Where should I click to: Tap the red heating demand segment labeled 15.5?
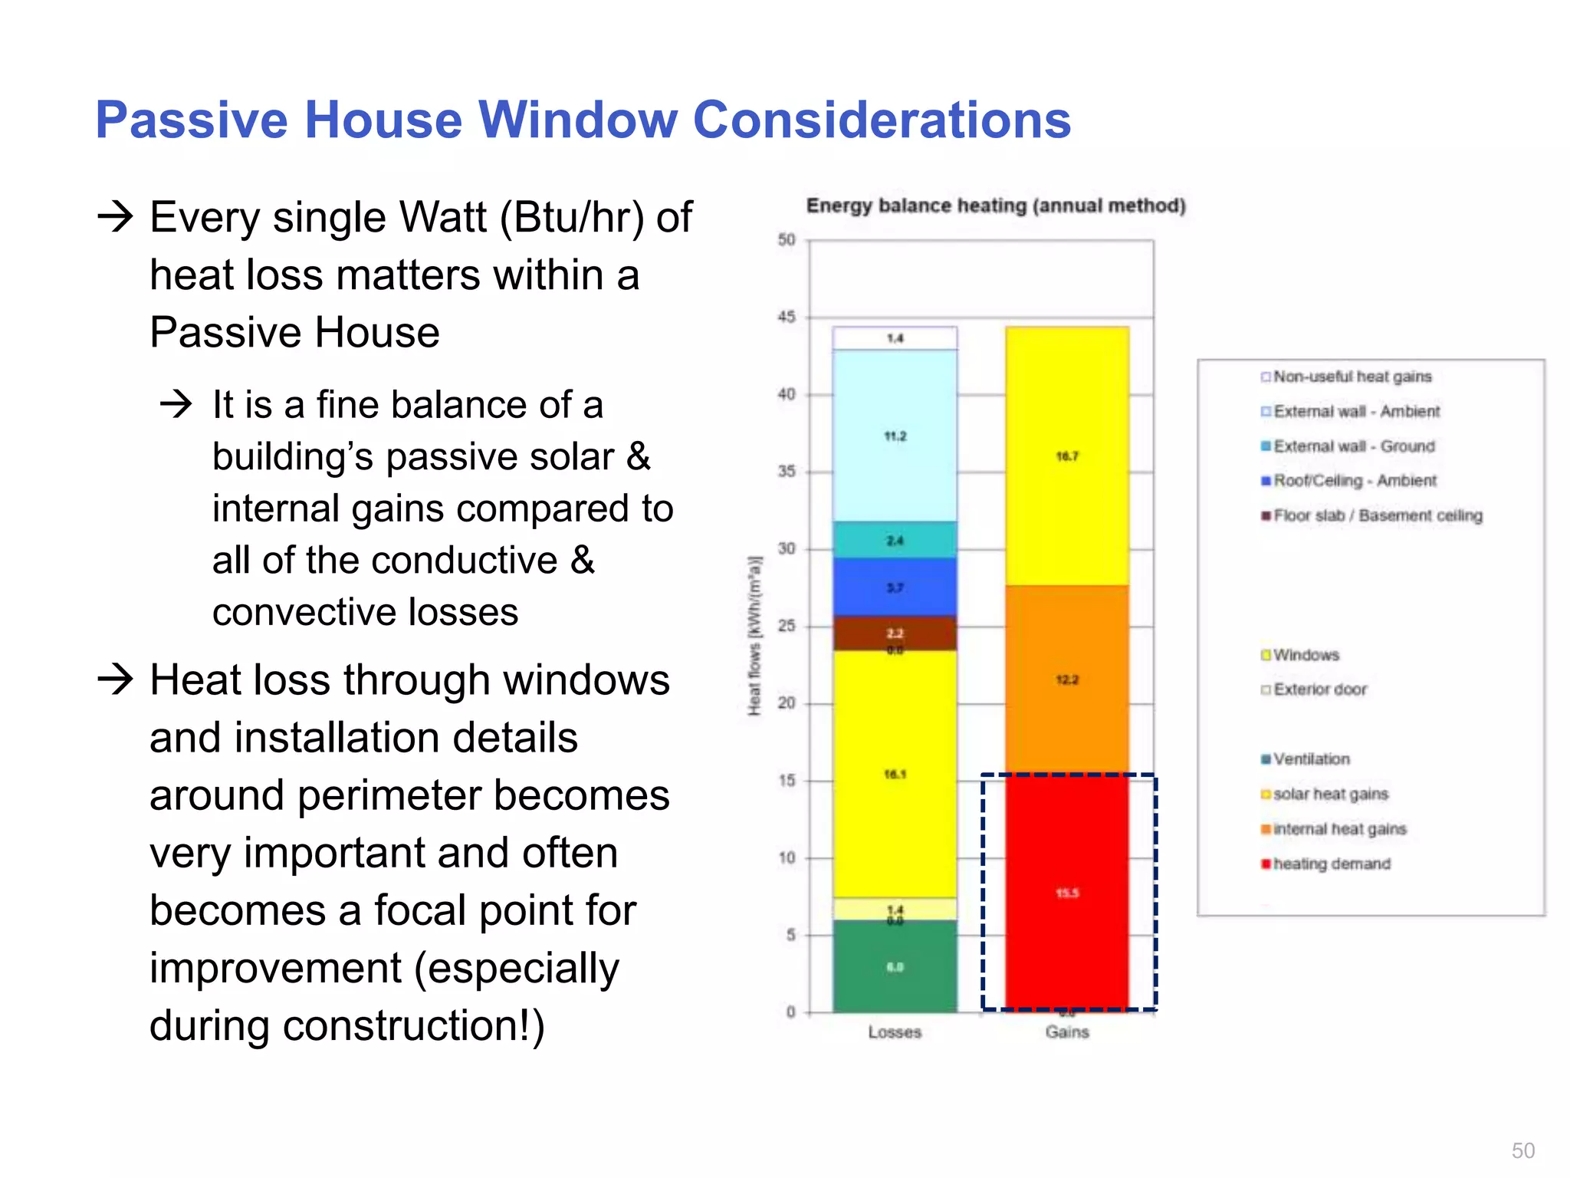(x=1066, y=893)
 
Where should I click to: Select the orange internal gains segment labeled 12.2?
(x=1066, y=679)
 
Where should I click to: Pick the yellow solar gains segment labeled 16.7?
(x=1066, y=456)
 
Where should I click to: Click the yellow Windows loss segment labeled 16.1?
(x=895, y=775)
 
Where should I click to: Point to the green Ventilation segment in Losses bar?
(x=895, y=966)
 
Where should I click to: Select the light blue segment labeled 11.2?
(x=895, y=436)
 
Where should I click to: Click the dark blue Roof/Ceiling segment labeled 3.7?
(x=895, y=587)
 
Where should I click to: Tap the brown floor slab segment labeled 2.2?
(x=895, y=633)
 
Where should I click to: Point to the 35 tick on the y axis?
(x=787, y=471)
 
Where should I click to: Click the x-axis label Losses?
(x=895, y=1032)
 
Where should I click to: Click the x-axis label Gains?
(x=1066, y=1032)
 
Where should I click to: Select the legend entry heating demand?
(x=1331, y=864)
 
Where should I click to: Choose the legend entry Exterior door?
(x=1319, y=689)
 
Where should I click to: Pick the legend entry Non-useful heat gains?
(x=1352, y=377)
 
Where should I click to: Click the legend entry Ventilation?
(x=1311, y=759)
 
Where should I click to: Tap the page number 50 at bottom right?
(x=1522, y=1150)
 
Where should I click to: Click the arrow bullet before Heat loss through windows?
(x=116, y=679)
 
